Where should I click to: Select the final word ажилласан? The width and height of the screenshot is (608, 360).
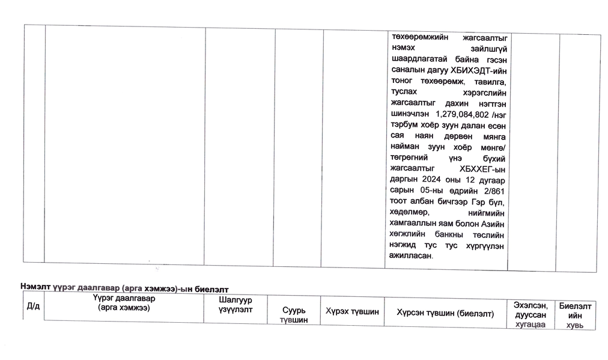(410, 255)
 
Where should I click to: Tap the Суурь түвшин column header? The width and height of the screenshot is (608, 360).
(294, 315)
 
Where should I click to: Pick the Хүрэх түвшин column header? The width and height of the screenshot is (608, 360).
(352, 312)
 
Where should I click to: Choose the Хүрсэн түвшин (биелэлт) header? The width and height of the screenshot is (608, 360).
(445, 313)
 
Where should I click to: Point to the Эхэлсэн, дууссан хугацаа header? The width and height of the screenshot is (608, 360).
(530, 315)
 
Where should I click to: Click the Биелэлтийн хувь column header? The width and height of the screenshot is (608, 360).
(575, 316)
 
